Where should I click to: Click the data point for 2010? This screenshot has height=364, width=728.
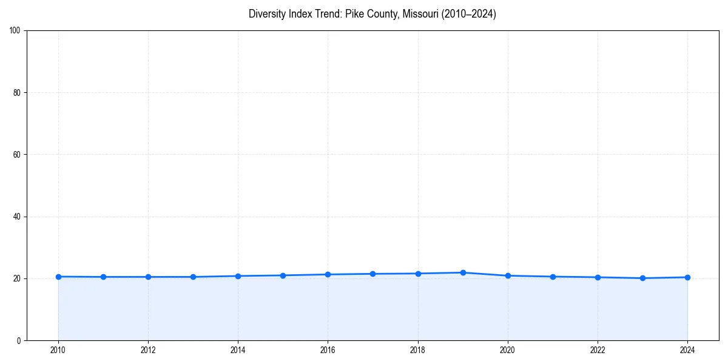point(58,277)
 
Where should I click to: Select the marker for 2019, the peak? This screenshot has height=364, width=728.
point(463,272)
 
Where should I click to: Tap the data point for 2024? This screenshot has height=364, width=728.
point(687,277)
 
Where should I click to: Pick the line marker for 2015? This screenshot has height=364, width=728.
point(283,275)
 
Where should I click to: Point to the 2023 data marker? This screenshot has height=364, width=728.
point(642,278)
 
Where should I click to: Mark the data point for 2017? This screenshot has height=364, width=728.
point(372,274)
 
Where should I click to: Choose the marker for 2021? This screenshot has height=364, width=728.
point(553,277)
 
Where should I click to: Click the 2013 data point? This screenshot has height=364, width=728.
point(193,277)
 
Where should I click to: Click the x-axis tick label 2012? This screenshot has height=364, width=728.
point(148,349)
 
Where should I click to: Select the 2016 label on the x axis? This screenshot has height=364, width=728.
point(328,349)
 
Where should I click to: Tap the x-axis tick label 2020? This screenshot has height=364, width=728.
point(508,349)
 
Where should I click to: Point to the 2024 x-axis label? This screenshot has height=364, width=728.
point(687,349)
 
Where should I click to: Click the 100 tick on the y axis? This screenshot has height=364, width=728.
point(15,31)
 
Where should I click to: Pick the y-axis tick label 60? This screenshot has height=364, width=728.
point(17,155)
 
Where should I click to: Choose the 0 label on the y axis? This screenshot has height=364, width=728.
point(19,340)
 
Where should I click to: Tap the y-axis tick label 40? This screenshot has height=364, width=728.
point(17,217)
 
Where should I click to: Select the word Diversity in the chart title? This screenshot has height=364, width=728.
point(266,14)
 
